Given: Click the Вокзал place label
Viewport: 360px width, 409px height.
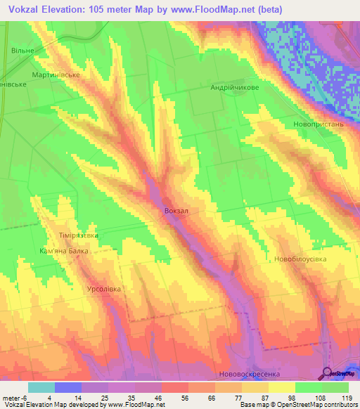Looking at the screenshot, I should [x=176, y=211].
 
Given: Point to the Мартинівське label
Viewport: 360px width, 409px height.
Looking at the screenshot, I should [x=56, y=74].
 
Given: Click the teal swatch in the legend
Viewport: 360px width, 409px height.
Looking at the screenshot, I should [x=41, y=387].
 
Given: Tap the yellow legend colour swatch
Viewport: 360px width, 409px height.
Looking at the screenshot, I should [x=282, y=387].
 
